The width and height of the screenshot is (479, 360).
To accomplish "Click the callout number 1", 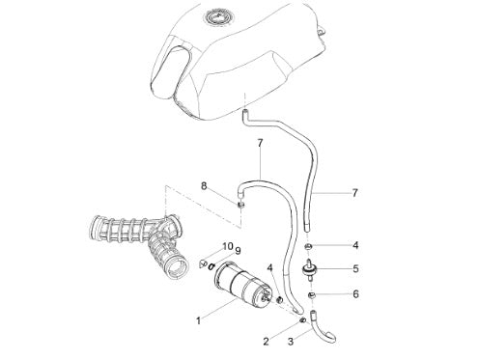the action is coord(199,320).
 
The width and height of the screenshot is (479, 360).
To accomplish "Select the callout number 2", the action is coord(266,342).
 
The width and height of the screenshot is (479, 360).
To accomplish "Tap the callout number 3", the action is coord(291,342).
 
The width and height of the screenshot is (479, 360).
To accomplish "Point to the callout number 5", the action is coord(355,268).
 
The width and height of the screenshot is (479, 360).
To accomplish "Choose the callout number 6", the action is coord(355,294).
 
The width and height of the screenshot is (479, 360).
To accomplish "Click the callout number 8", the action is coord(204,186).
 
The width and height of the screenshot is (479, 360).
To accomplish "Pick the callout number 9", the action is coord(238,250).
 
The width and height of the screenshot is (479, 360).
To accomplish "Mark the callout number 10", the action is coord(228,246).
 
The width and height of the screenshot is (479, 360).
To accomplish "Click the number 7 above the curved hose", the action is coord(260,143).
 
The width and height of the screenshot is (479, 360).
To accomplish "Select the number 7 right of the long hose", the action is coord(355,193).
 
